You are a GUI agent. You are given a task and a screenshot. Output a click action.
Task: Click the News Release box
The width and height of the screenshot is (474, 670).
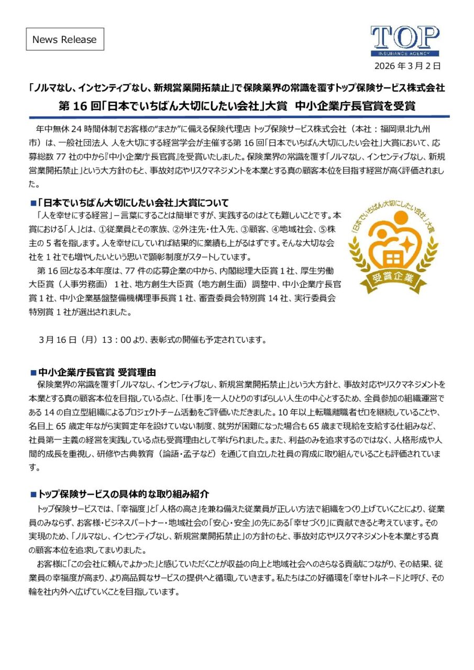click(x=65, y=39)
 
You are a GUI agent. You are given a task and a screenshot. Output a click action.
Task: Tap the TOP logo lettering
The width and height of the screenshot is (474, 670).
click(x=405, y=38)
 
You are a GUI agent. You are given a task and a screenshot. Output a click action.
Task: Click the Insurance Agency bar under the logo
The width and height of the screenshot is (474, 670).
click(x=405, y=53)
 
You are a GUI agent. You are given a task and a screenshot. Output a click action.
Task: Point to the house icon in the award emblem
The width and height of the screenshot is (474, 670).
click(x=391, y=258)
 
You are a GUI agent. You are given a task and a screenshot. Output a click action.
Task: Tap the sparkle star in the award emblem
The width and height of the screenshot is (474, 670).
click(x=405, y=243)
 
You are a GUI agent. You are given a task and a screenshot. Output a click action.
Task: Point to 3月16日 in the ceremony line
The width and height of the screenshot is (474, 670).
click(x=55, y=340)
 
